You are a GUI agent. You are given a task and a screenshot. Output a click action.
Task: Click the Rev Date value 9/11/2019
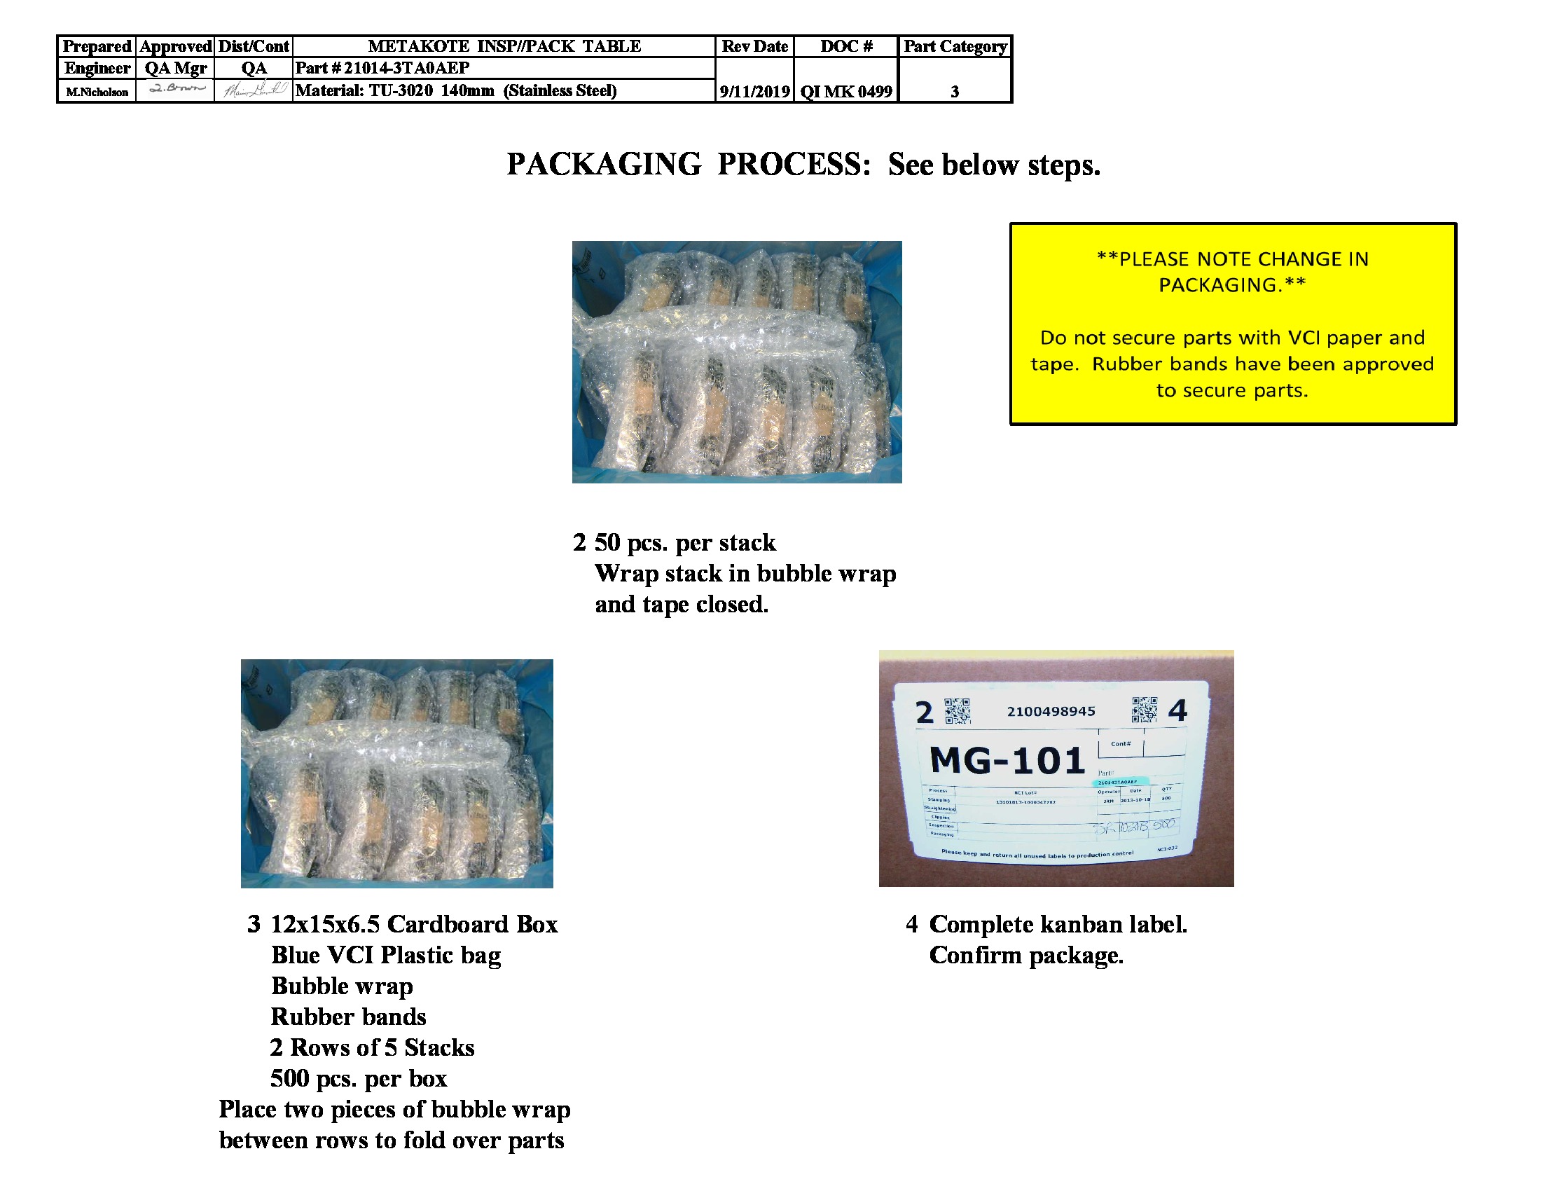pyautogui.click(x=754, y=91)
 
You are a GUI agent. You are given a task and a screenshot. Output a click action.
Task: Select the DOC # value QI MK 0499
pyautogui.click(x=845, y=91)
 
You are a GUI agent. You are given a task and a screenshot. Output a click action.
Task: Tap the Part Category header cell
pyautogui.click(x=955, y=46)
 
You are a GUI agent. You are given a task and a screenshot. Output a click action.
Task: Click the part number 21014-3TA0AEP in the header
pyautogui.click(x=406, y=69)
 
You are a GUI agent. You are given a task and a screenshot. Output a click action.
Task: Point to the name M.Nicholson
pyautogui.click(x=97, y=92)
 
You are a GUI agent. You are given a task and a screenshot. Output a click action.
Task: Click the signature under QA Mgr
pyautogui.click(x=176, y=89)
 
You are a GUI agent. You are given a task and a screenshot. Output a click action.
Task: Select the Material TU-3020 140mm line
pyautogui.click(x=456, y=90)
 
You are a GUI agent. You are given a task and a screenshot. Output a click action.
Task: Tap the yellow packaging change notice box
pyautogui.click(x=1232, y=324)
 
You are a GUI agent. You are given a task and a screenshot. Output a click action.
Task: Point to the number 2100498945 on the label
pyautogui.click(x=1051, y=711)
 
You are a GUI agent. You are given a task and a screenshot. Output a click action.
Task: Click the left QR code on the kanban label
pyautogui.click(x=957, y=711)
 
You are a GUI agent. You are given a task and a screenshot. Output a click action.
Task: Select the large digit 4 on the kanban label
pyautogui.click(x=1177, y=710)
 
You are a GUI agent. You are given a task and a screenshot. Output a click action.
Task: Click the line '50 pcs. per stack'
pyautogui.click(x=684, y=542)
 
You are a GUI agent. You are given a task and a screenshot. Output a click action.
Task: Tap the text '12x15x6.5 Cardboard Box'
pyautogui.click(x=414, y=924)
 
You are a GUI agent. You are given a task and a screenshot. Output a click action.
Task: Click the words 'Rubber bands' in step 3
pyautogui.click(x=349, y=1017)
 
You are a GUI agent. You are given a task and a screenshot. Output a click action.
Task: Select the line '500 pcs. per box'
pyautogui.click(x=359, y=1078)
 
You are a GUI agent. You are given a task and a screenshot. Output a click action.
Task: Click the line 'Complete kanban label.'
pyautogui.click(x=1058, y=924)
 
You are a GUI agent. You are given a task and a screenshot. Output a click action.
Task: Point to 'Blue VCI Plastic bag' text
pyautogui.click(x=386, y=956)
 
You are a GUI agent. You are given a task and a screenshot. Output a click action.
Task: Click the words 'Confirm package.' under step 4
pyautogui.click(x=1026, y=956)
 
